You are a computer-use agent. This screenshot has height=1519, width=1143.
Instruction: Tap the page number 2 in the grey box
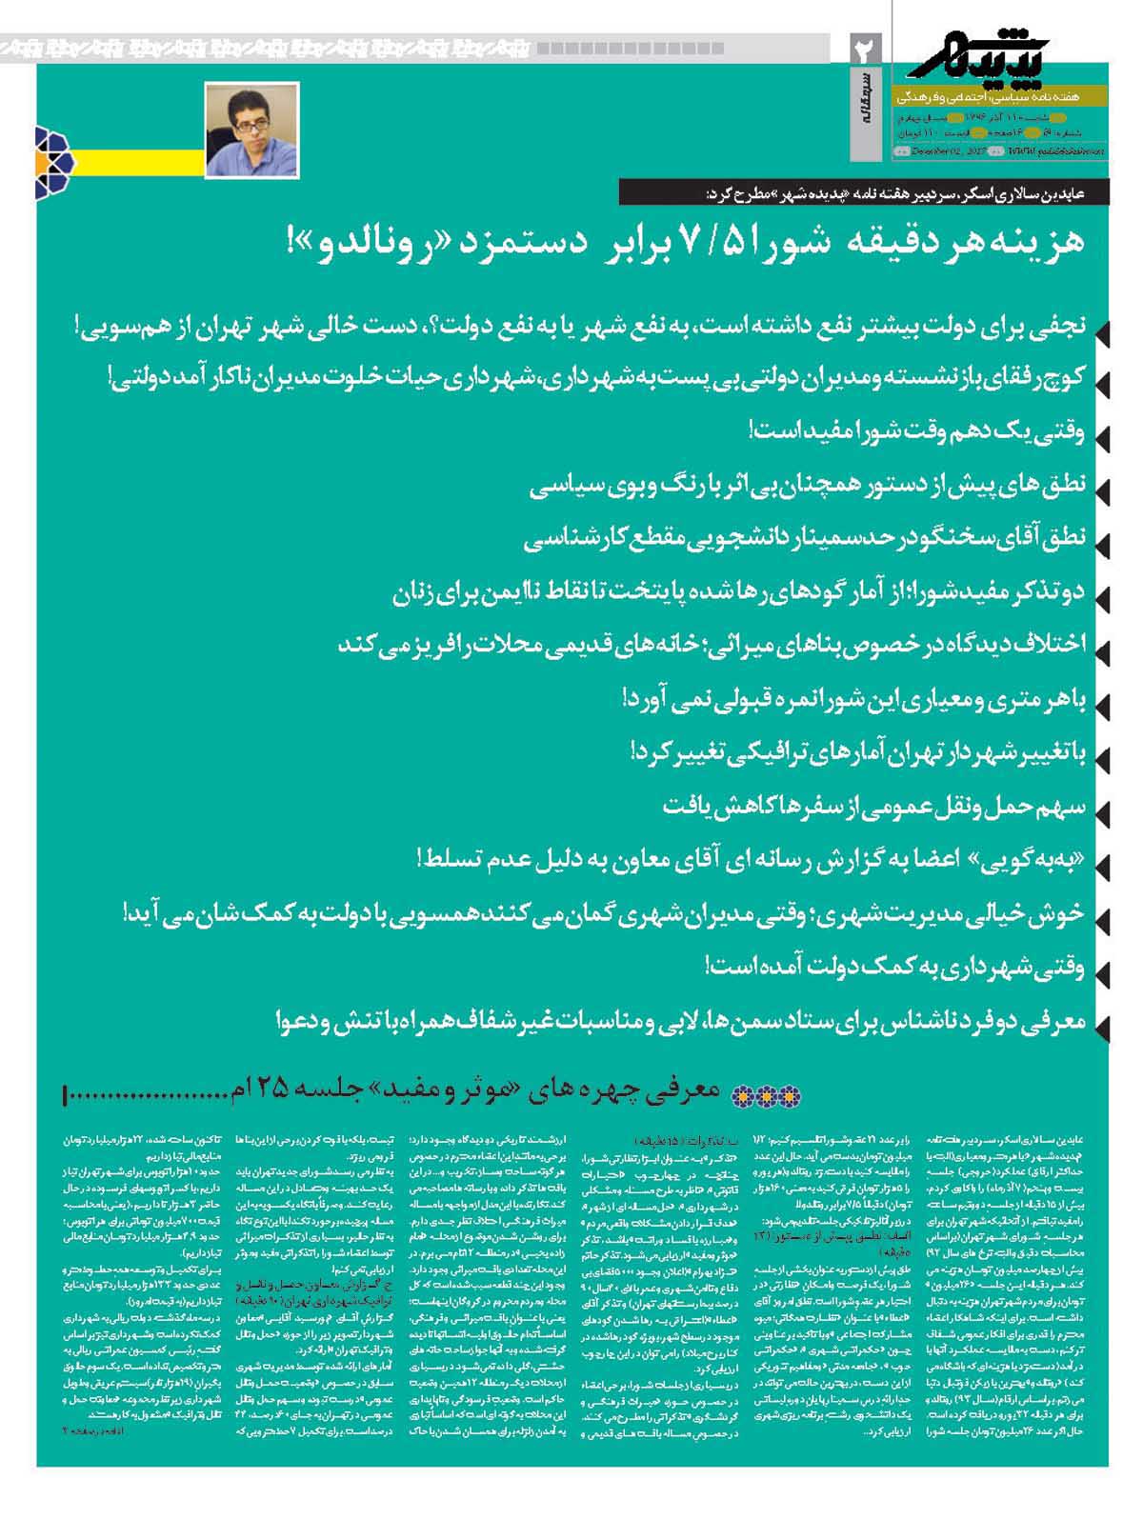coord(868,50)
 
